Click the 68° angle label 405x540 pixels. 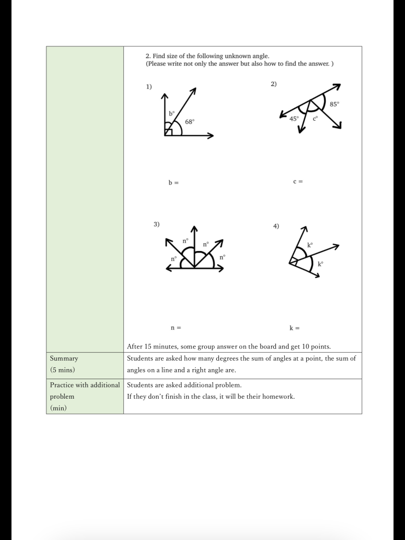190,121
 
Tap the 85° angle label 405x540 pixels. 334,104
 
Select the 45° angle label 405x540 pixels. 294,119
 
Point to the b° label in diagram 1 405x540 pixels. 172,113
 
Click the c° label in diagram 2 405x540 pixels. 315,119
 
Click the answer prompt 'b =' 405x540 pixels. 173,182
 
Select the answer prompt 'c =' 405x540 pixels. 298,181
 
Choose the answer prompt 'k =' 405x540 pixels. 294,328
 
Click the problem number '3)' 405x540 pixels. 157,224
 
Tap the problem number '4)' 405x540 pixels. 276,226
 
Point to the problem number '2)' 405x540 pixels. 274,84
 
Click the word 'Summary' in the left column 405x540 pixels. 64,359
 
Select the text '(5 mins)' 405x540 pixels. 62,370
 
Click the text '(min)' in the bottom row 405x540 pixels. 58,408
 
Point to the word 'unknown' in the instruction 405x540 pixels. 240,55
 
